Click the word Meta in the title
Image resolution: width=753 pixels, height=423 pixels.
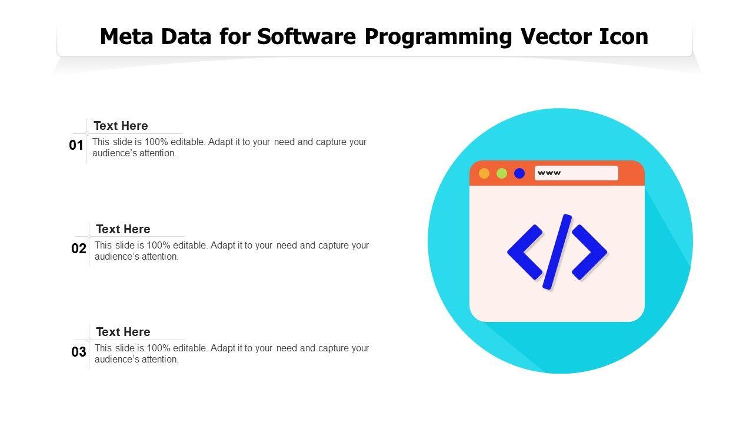126,36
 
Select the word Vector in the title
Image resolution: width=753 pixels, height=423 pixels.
556,36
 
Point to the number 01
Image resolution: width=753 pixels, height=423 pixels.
76,145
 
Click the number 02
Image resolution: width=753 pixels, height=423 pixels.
79,249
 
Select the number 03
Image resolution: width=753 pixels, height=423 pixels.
79,352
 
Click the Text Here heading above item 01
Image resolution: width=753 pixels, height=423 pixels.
121,126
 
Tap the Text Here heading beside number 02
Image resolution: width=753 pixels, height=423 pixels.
123,229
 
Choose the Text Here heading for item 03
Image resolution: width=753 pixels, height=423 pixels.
123,332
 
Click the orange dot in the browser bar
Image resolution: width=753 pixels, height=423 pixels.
484,173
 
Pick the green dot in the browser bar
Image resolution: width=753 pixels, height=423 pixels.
502,173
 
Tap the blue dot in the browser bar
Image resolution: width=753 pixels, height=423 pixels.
519,173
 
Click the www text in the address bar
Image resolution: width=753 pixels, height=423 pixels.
549,173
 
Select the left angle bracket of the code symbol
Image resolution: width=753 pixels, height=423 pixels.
525,252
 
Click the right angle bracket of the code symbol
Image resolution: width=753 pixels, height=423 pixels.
589,252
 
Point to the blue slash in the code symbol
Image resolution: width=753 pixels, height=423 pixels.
557,251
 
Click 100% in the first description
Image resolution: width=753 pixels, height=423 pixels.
156,142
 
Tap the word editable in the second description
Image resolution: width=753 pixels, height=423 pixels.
190,246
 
